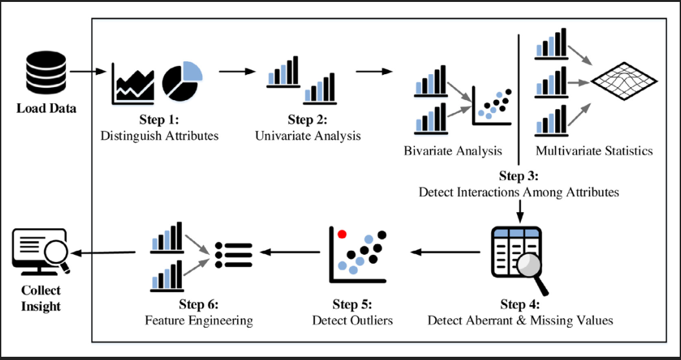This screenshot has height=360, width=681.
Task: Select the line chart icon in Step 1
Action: pyautogui.click(x=133, y=84)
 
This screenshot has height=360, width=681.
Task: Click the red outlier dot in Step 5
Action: pyautogui.click(x=342, y=234)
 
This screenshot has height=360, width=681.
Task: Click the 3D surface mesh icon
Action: pyautogui.click(x=624, y=81)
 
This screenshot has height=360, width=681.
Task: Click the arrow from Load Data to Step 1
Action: pyautogui.click(x=88, y=72)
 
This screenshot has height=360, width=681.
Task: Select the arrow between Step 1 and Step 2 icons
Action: pyautogui.click(x=237, y=71)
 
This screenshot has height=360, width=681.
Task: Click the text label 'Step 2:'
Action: pyautogui.click(x=307, y=121)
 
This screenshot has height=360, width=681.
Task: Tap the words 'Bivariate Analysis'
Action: pyautogui.click(x=453, y=151)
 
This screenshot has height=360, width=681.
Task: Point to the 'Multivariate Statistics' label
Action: pyautogui.click(x=594, y=151)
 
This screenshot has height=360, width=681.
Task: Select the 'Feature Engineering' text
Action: pyautogui.click(x=199, y=321)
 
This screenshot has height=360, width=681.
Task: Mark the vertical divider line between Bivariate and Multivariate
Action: pyautogui.click(x=519, y=99)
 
